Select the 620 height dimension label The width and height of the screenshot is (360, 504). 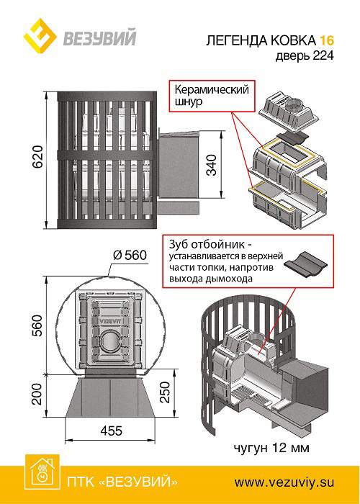[37, 158]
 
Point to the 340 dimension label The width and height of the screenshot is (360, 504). [211, 165]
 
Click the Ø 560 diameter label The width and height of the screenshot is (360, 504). [130, 256]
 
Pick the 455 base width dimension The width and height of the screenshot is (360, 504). [110, 431]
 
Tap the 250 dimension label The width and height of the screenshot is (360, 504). [165, 392]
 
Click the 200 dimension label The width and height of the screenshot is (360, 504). [37, 394]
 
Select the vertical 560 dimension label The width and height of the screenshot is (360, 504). [37, 325]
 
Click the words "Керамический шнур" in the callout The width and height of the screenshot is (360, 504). [212, 95]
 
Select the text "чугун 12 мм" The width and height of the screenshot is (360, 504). [271, 447]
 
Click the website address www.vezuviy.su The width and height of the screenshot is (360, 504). [284, 482]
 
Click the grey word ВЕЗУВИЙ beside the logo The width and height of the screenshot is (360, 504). [99, 37]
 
